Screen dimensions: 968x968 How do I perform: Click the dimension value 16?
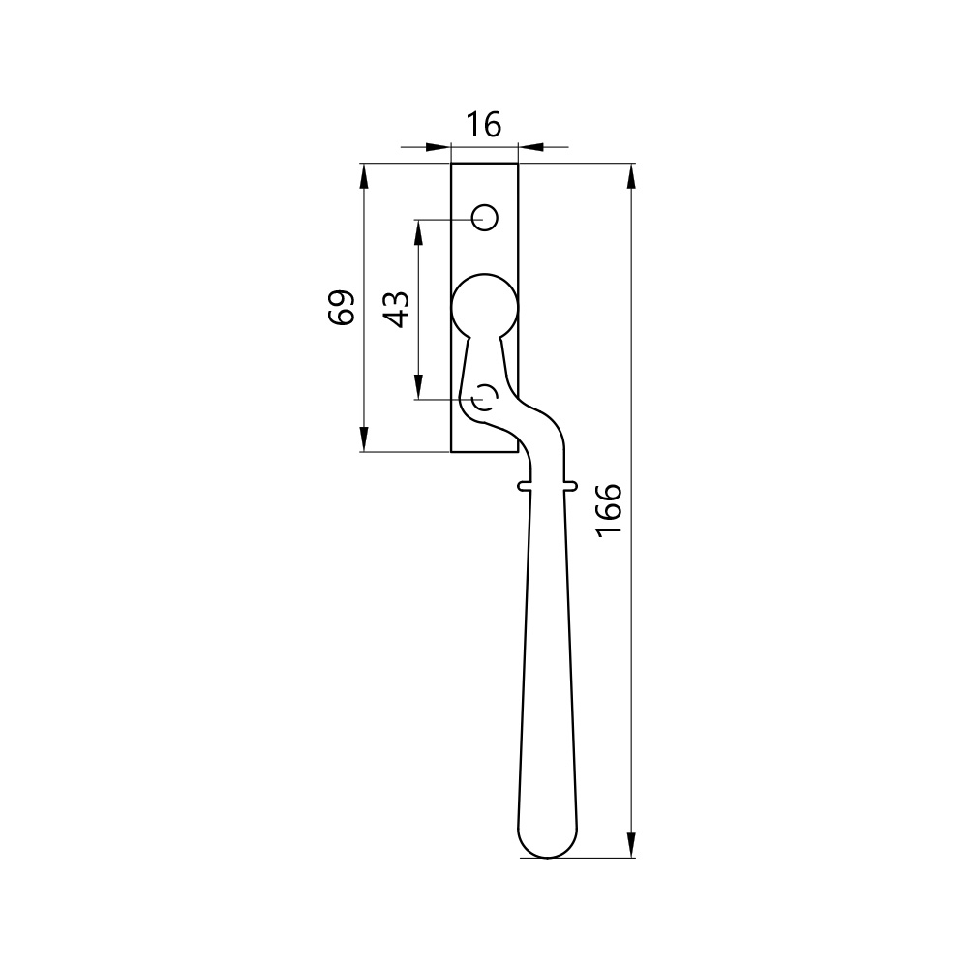tap(483, 125)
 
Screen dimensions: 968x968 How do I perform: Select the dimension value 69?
tap(342, 307)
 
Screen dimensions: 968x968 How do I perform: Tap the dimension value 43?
tap(396, 309)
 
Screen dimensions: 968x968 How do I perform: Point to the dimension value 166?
tap(609, 510)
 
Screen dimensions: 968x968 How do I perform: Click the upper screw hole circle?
tap(485, 217)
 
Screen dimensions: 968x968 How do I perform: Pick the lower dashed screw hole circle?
tap(485, 398)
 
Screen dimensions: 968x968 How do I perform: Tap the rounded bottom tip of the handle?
tap(548, 857)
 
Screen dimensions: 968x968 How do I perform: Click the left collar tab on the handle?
tap(524, 487)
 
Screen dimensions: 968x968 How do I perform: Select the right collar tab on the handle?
tap(571, 487)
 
